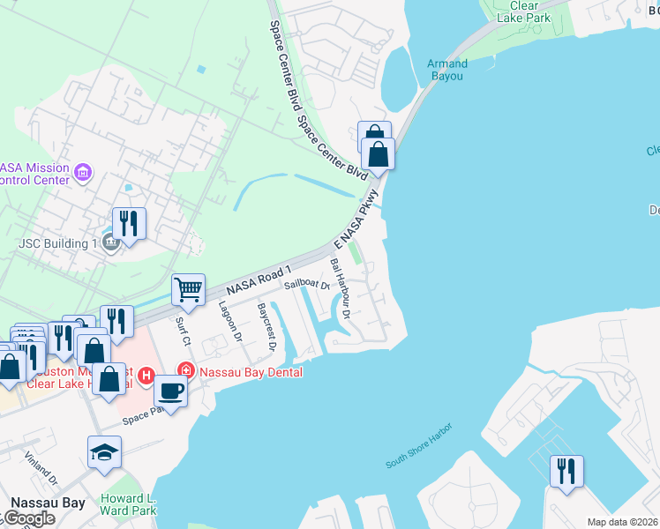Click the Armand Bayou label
[x=446, y=70]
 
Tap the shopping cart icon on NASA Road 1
[x=188, y=288]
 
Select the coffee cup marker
[x=170, y=391]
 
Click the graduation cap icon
[x=105, y=452]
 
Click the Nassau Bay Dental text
[x=251, y=371]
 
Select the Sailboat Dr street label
[x=306, y=285]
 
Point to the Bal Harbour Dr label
[x=341, y=287]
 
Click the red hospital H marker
[x=147, y=375]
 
